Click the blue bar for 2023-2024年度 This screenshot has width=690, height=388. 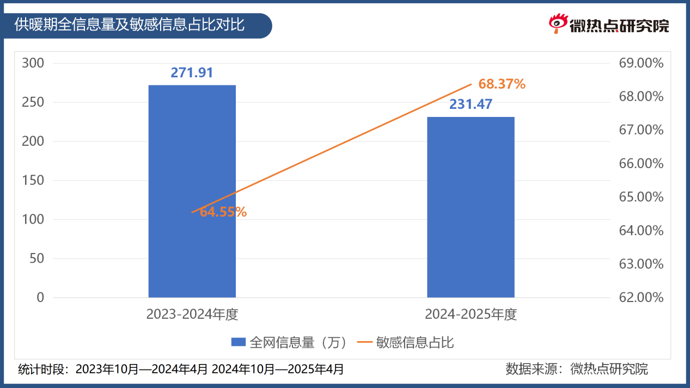pos(192,191)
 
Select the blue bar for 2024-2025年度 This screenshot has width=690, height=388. pos(471,207)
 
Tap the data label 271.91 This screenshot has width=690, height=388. pos(192,73)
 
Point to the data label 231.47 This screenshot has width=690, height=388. pos(471,104)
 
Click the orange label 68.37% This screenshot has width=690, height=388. pos(502,84)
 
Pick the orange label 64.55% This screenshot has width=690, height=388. pos(223,212)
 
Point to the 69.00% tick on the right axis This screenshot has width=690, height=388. pos(641,63)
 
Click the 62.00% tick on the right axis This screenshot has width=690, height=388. pos(641,298)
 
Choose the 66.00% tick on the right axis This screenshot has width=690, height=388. pos(641,164)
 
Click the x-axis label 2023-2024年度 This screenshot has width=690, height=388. pos(192,315)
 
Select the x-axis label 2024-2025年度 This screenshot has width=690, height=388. pos(471,315)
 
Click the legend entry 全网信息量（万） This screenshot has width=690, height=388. pos(289,342)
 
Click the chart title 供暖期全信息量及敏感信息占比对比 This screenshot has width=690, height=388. pos(130,25)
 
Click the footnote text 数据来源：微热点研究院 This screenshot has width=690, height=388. pos(577,369)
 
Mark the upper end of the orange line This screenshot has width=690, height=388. pos(471,84)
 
